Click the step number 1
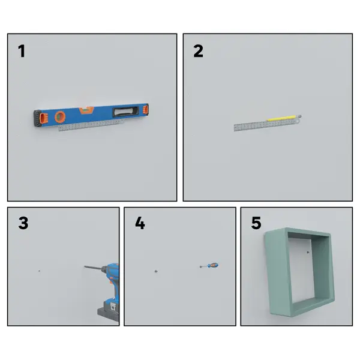click(22, 51)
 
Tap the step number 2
click(198, 51)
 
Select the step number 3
click(23, 223)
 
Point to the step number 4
click(140, 223)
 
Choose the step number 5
click(256, 223)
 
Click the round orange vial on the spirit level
click(60, 117)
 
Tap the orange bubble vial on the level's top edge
click(86, 110)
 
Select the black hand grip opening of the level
click(125, 112)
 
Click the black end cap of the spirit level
click(37, 118)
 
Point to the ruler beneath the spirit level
click(91, 125)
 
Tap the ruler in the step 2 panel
click(267, 125)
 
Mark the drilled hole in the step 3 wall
click(39, 271)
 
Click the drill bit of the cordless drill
click(93, 268)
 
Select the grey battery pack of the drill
click(109, 312)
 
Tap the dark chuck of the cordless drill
click(104, 269)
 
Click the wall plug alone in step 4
click(156, 271)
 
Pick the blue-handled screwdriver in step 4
click(209, 266)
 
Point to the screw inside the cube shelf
click(308, 253)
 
